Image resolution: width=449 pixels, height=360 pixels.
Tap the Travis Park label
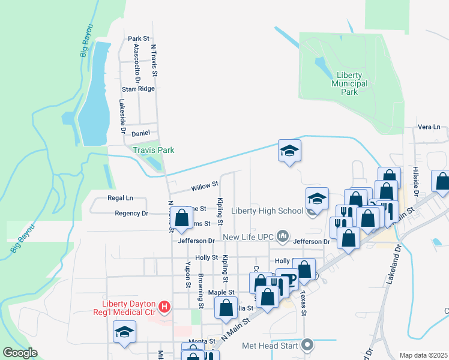tap(154, 150)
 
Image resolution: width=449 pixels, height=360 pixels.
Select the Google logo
tap(20, 353)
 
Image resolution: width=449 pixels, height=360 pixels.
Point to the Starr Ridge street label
tap(138, 89)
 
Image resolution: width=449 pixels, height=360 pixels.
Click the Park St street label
tap(139, 38)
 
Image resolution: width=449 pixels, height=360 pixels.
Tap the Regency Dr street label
tap(131, 214)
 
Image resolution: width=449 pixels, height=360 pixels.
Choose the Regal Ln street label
tap(120, 198)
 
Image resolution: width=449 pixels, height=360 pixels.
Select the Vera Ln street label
tap(429, 127)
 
